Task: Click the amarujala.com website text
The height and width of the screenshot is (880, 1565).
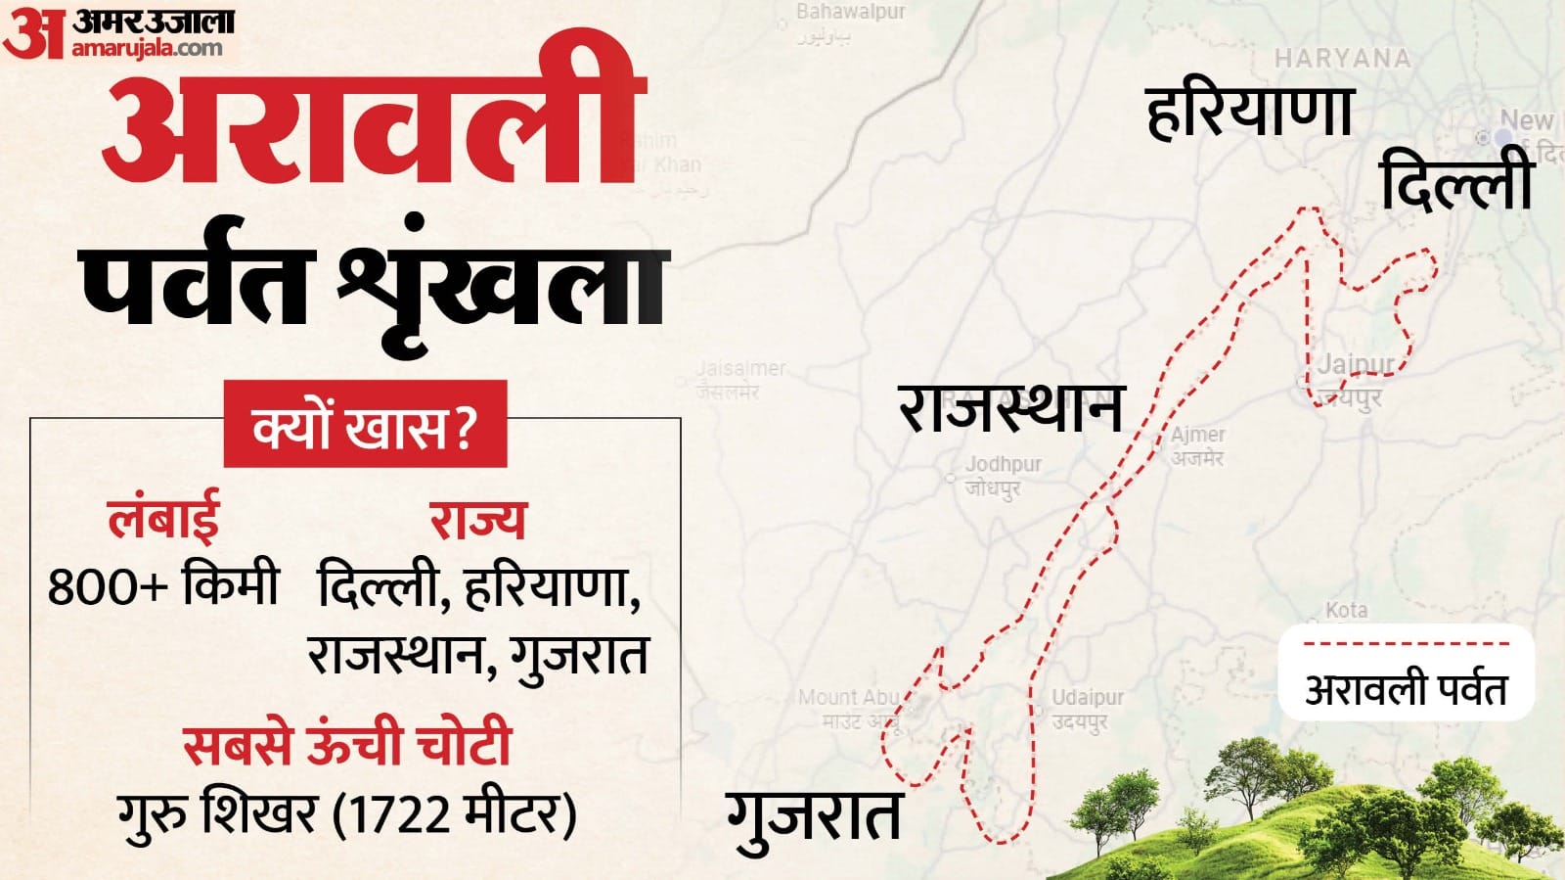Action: tap(147, 47)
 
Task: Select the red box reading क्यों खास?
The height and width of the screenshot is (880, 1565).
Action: tap(365, 426)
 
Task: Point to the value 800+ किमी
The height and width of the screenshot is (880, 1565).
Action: tap(163, 585)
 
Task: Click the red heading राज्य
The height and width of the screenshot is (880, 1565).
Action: tap(477, 519)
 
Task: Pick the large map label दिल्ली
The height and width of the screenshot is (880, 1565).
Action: tap(1455, 182)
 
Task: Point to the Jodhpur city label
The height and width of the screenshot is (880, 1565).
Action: tap(1003, 464)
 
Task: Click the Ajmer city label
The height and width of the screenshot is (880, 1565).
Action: tap(1197, 435)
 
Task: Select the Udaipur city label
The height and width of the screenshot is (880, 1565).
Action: tap(1087, 698)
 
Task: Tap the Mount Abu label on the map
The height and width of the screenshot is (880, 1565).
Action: tap(847, 698)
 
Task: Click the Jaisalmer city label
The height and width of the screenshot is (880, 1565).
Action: tap(740, 369)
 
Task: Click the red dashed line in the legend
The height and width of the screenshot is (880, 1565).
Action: tap(1406, 644)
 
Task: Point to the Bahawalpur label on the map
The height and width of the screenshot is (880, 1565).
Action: tap(850, 13)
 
